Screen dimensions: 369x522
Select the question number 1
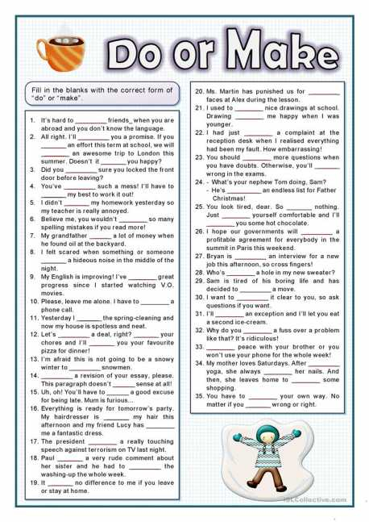click(32, 120)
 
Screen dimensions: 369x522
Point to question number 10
click(34, 301)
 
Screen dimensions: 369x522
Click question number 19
click(34, 483)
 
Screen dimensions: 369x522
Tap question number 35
click(199, 396)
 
